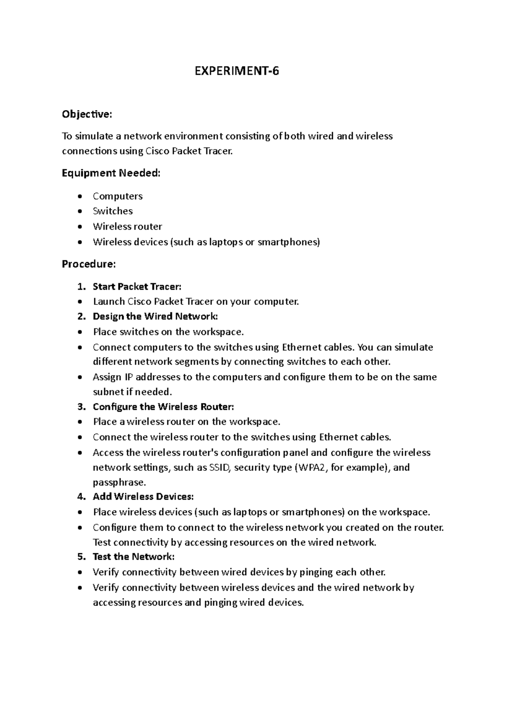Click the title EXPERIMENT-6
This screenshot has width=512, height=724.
click(x=237, y=71)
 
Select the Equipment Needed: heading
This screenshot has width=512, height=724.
click(x=111, y=173)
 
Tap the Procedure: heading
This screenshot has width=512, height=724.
click(x=89, y=264)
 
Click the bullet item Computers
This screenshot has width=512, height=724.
click(x=118, y=196)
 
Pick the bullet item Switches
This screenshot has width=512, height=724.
click(x=113, y=211)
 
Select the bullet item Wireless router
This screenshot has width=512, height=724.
click(x=128, y=226)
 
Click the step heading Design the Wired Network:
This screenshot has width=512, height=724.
click(x=155, y=316)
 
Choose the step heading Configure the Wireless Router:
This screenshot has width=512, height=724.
click(x=163, y=406)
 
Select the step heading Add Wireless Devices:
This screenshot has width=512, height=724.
click(x=143, y=496)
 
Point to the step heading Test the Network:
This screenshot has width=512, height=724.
click(x=134, y=557)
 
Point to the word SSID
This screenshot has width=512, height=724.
click(x=220, y=467)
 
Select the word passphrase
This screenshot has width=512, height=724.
click(x=119, y=482)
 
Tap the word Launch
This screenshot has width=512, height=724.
click(x=109, y=301)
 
